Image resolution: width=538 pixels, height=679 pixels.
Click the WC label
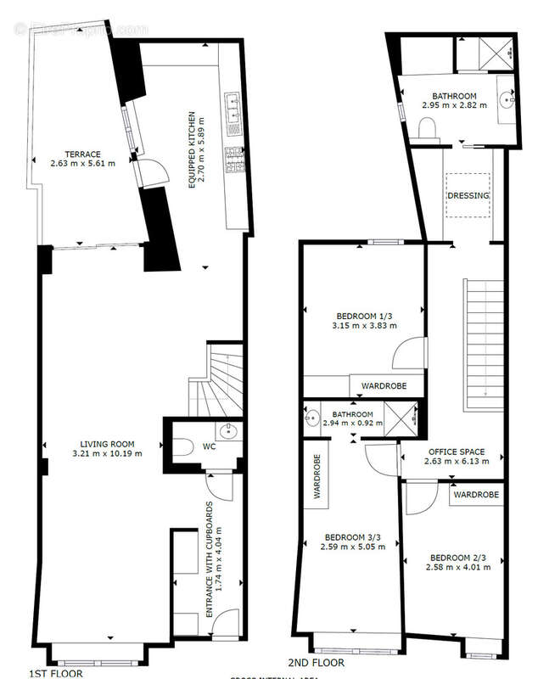210,446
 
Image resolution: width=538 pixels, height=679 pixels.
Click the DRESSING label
468,196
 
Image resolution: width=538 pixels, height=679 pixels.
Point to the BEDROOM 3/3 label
354,536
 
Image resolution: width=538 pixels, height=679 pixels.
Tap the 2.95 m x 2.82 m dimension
455,106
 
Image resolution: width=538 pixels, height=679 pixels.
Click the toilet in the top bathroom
429,127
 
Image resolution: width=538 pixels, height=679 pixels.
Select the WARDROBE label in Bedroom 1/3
384,386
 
